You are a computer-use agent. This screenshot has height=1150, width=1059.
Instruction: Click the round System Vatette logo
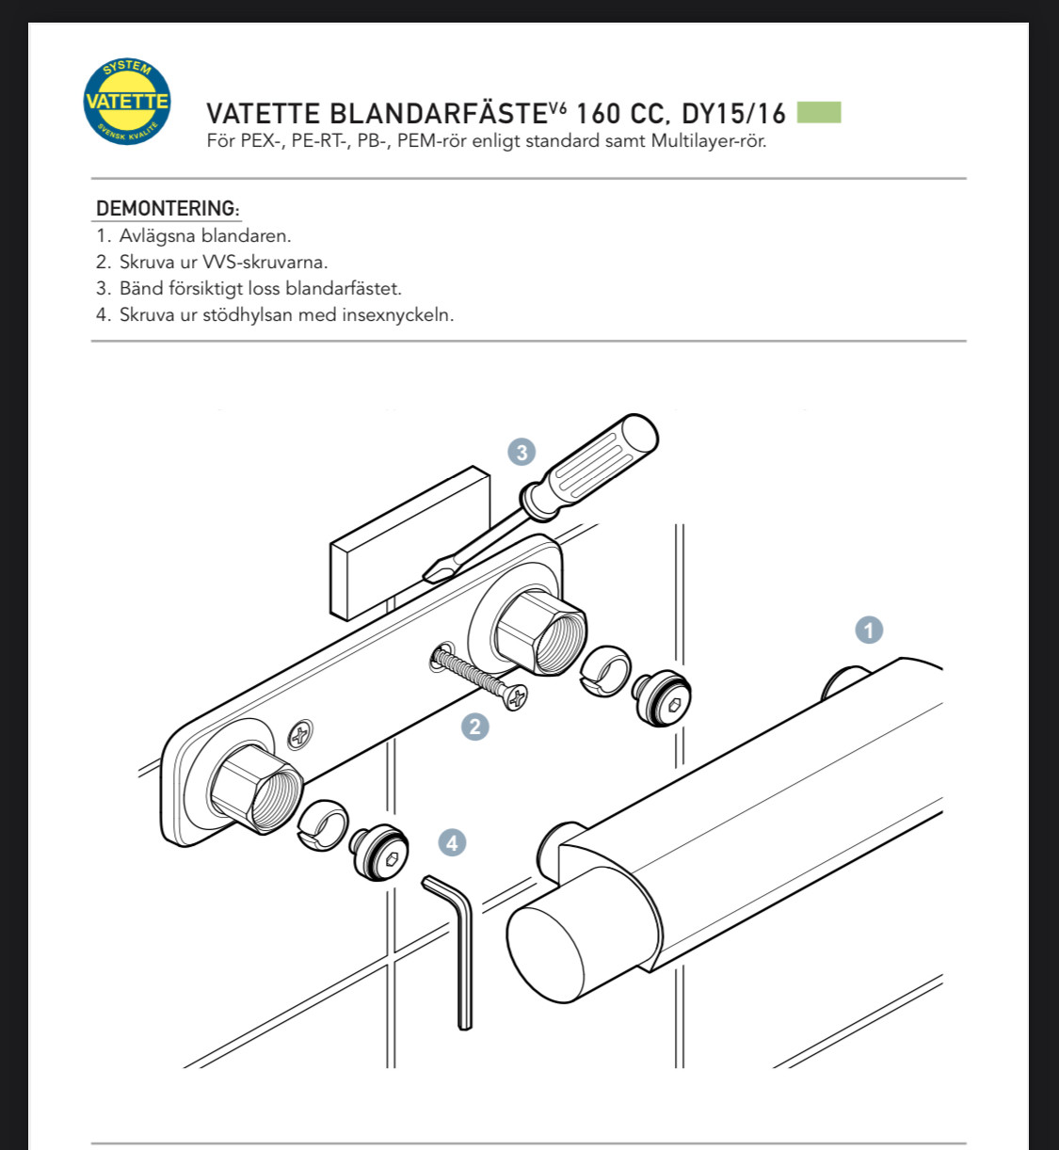click(127, 101)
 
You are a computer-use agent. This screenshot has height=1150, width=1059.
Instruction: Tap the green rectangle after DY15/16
click(819, 112)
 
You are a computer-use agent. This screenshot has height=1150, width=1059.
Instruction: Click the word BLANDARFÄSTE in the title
click(440, 114)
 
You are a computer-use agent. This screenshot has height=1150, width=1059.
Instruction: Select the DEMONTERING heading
click(167, 208)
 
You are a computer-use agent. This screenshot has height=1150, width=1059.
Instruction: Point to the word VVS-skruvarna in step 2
click(265, 263)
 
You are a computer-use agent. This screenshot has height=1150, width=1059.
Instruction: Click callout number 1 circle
click(869, 630)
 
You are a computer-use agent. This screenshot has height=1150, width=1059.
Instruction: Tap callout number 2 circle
click(475, 727)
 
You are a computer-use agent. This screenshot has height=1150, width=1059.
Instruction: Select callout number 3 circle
click(521, 452)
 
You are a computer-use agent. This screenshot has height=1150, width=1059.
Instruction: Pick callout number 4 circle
click(452, 843)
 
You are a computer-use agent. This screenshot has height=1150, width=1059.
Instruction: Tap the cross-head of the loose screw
click(515, 697)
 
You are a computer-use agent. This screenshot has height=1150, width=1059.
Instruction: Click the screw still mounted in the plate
click(300, 734)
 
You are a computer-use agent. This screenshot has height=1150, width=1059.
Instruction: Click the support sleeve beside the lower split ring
click(379, 853)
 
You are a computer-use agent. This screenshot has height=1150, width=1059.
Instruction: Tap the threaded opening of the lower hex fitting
click(277, 800)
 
